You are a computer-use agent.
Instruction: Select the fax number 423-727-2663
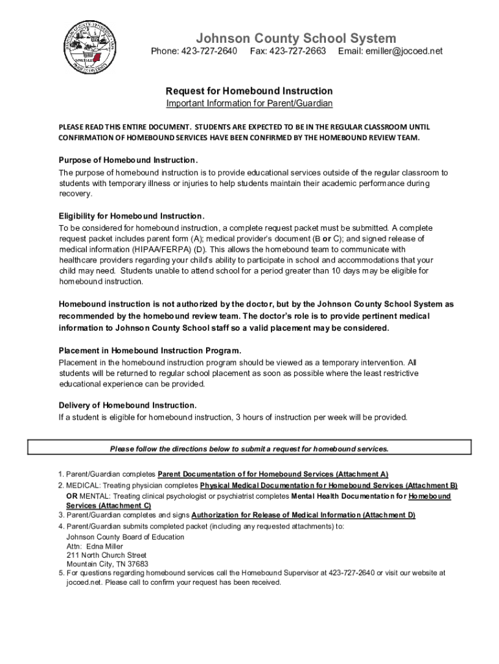[297, 51]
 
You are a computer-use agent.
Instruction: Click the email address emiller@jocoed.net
[400, 51]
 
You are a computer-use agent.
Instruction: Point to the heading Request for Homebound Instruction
[249, 91]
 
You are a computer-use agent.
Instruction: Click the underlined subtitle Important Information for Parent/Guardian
[249, 104]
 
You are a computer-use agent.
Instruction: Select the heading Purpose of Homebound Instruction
[128, 160]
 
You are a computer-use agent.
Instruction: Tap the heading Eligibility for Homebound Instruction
[132, 216]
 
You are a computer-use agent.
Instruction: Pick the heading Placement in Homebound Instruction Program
[150, 351]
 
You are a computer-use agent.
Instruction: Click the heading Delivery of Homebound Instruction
[128, 405]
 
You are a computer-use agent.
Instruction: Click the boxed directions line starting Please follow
[249, 449]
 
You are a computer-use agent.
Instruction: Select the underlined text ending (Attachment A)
[273, 474]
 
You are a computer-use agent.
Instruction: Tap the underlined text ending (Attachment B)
[329, 485]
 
